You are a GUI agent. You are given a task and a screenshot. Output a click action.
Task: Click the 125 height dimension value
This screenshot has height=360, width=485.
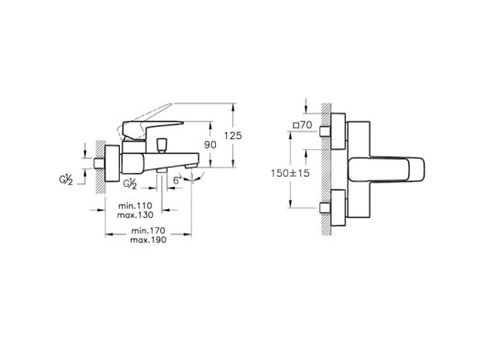click(x=232, y=136)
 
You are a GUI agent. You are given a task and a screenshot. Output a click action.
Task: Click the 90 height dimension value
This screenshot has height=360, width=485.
click(x=210, y=145)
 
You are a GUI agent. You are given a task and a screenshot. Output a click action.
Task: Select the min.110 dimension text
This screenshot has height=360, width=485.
click(x=135, y=205)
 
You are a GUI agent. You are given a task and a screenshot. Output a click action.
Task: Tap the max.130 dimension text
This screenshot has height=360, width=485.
click(x=135, y=215)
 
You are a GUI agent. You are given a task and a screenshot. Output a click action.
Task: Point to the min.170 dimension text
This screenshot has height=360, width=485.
click(x=148, y=231)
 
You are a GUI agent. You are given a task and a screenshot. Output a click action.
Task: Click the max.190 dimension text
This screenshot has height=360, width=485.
click(x=148, y=240)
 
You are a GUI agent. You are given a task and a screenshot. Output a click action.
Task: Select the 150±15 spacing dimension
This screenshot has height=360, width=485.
click(x=290, y=173)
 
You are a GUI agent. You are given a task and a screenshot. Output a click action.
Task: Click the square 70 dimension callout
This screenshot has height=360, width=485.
click(x=303, y=125)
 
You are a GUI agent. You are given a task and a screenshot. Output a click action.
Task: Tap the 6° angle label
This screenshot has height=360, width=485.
click(x=177, y=180)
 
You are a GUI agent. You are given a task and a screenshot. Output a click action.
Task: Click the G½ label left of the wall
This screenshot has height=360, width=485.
click(x=66, y=180)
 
